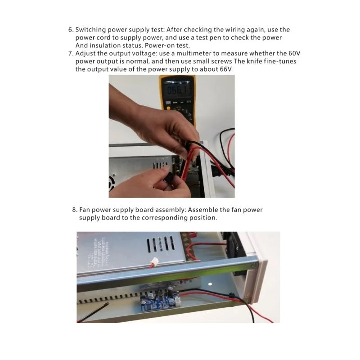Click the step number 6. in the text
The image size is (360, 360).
coord(71,30)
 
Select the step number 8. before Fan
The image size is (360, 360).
coord(75,210)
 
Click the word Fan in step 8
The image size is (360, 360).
coord(85,210)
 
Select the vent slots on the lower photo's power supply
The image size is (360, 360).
coord(161,244)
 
